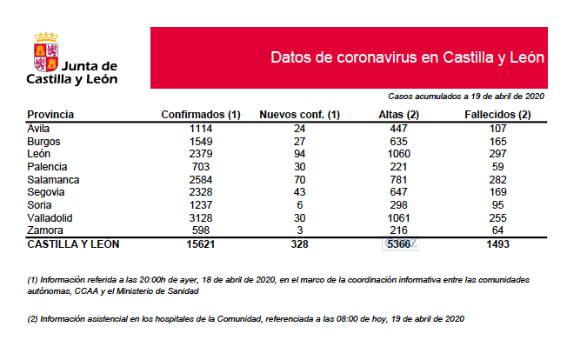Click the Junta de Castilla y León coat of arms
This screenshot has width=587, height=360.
point(46,51)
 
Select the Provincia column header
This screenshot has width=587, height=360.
point(50,115)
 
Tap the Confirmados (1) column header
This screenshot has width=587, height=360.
point(201,115)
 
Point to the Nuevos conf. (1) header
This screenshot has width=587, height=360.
point(299,115)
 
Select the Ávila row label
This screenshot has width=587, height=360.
point(39,128)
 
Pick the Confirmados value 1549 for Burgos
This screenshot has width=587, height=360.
point(201,141)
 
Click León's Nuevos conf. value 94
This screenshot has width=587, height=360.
point(299,153)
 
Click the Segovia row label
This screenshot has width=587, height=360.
point(47,191)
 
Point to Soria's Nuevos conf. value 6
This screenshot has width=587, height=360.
point(299,204)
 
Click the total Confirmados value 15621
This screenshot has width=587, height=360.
point(201,244)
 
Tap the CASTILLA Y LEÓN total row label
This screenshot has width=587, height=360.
point(74,244)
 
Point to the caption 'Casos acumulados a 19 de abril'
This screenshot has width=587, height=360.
point(466,96)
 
